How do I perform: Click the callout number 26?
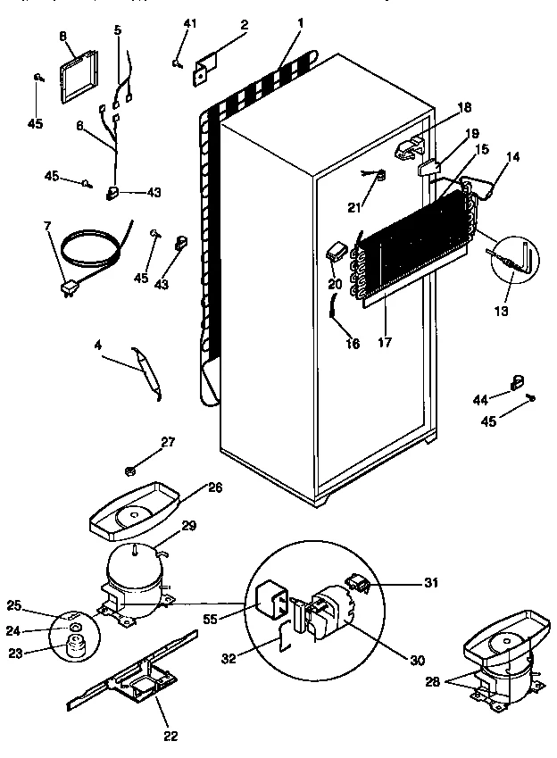click(x=214, y=487)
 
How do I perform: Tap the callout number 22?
click(x=170, y=737)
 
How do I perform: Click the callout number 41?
click(x=188, y=22)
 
